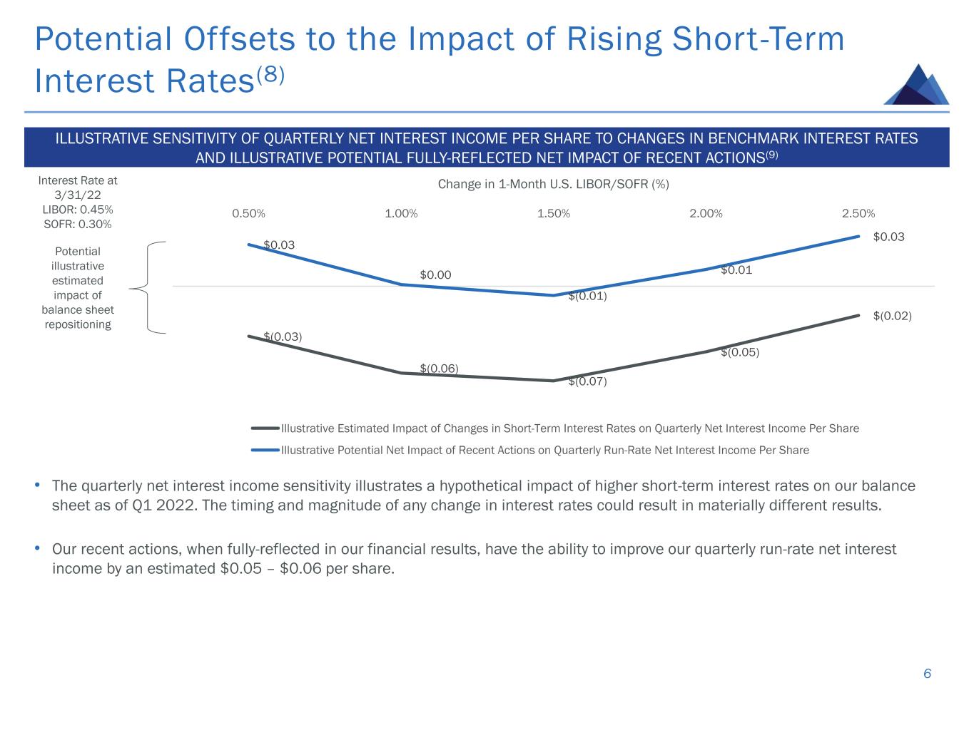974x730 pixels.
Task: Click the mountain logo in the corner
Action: coord(917,85)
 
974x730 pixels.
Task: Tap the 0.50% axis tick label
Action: coord(248,214)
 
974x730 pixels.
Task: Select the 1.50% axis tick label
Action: coord(554,214)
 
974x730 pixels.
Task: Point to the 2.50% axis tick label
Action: coord(858,214)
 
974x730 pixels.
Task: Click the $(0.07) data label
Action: coord(587,382)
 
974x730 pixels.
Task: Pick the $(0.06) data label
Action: coord(439,369)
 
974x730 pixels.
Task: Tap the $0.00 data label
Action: coord(435,275)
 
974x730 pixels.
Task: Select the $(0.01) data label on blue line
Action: coord(587,297)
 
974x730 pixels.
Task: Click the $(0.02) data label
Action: coord(893,316)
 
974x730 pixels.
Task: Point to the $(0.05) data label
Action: coord(740,352)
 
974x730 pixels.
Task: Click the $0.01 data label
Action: coord(736,270)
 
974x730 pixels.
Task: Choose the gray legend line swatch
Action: coord(265,428)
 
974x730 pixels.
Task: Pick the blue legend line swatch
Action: coord(265,451)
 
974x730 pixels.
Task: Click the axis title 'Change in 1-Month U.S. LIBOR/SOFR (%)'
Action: coord(553,185)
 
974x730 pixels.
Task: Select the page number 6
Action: coord(927,674)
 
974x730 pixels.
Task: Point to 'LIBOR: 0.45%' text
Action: coord(78,210)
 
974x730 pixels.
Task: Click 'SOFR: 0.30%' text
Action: coord(78,225)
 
